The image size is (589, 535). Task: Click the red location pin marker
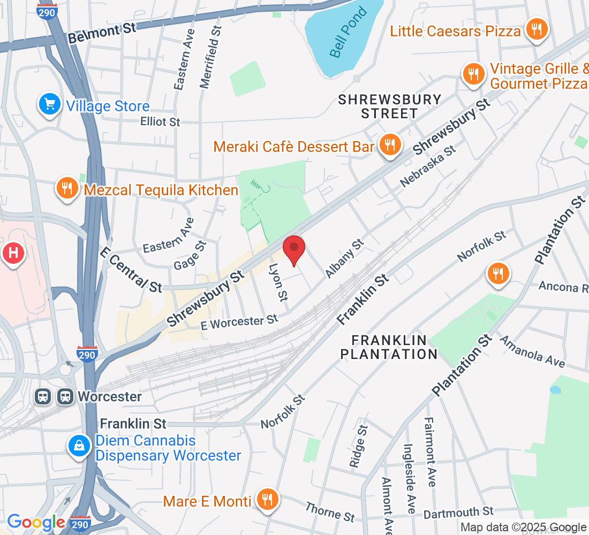click(x=294, y=249)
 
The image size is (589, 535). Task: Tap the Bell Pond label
click(x=349, y=33)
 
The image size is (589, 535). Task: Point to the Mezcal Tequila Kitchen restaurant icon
click(x=67, y=188)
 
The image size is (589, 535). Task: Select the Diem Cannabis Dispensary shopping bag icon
click(x=79, y=445)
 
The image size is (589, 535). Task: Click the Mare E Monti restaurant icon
click(x=267, y=499)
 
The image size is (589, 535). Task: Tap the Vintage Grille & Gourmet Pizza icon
click(x=473, y=73)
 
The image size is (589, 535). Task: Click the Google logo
click(x=36, y=522)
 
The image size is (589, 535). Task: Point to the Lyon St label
click(x=278, y=282)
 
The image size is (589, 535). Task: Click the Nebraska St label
click(x=428, y=166)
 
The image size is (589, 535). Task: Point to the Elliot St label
click(x=160, y=122)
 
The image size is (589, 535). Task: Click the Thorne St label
click(x=330, y=511)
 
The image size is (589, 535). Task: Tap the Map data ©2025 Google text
click(x=524, y=528)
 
